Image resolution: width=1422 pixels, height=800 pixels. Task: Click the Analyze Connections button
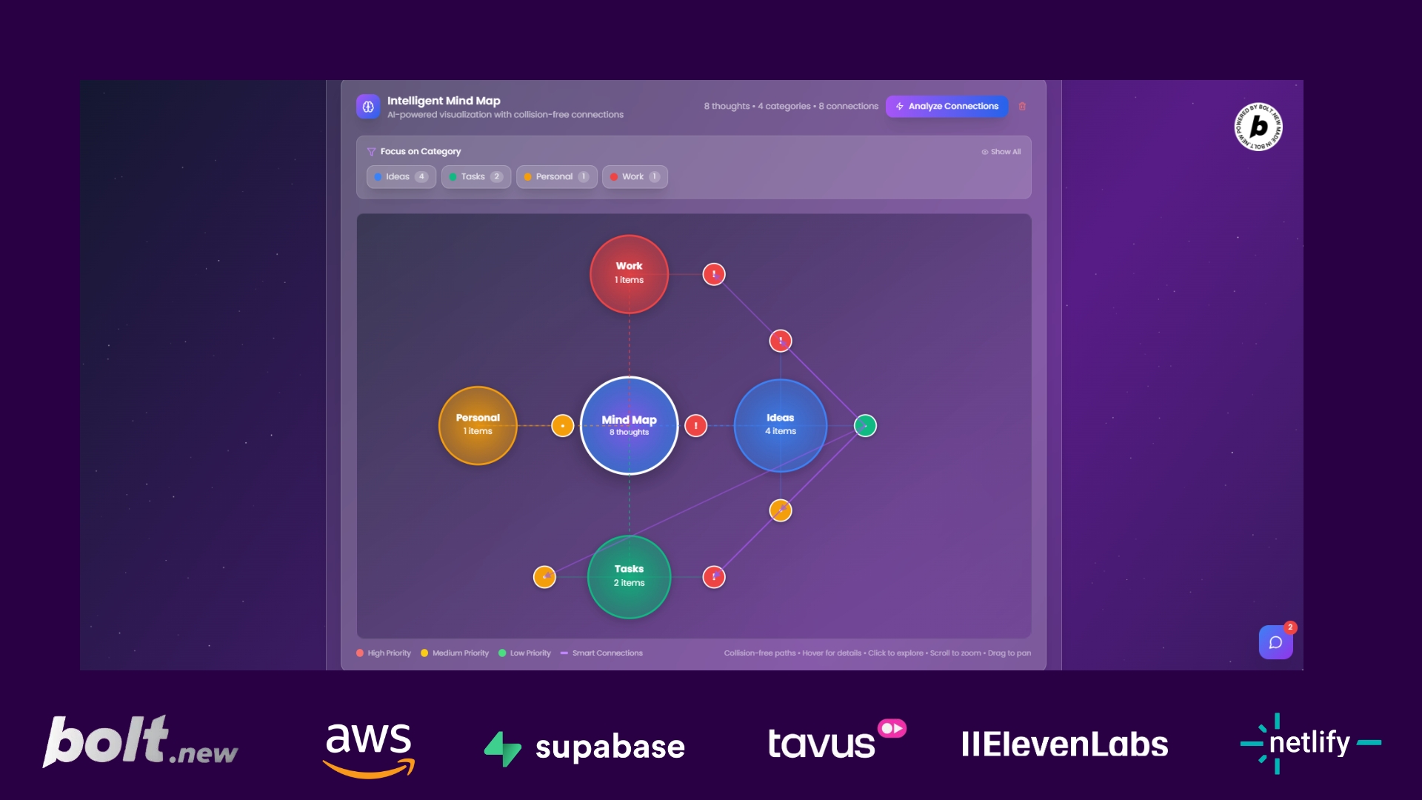(947, 107)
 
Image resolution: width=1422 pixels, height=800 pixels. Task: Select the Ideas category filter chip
(401, 177)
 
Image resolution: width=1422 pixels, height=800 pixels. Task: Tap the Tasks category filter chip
(475, 177)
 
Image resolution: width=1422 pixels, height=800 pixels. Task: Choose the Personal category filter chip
(555, 177)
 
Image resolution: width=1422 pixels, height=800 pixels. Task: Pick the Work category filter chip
(635, 177)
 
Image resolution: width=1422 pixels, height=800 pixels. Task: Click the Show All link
(1001, 152)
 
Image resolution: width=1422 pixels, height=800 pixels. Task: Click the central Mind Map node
(629, 425)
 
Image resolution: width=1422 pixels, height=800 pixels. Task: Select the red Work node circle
(629, 273)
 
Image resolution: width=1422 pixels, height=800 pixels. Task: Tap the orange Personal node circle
(478, 425)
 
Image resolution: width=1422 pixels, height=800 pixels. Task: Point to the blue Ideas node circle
(780, 425)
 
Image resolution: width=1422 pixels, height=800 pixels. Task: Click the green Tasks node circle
(629, 576)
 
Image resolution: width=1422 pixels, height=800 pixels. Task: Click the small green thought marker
(865, 426)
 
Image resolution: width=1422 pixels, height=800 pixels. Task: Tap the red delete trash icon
(1022, 107)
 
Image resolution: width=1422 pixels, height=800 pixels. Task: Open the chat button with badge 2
(1275, 642)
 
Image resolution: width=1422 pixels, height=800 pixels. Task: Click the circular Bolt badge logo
(1258, 127)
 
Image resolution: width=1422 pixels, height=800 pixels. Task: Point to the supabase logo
(585, 747)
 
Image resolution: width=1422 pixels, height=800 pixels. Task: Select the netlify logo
(1309, 743)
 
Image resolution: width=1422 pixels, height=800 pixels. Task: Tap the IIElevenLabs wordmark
(1064, 744)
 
